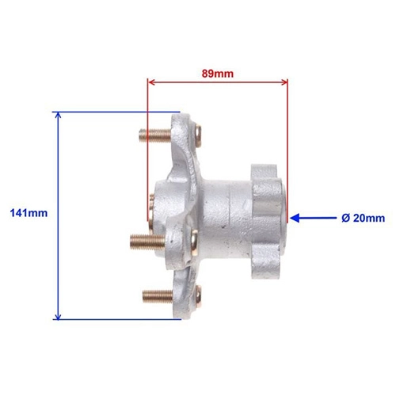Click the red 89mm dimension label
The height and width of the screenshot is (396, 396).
point(218,74)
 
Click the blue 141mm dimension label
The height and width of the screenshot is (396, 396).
point(29,213)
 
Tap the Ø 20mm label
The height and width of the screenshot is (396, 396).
point(363,218)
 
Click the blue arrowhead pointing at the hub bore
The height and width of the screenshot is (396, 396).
point(295,218)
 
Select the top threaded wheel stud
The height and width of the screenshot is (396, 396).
point(155,135)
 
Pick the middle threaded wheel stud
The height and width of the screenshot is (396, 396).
point(147,242)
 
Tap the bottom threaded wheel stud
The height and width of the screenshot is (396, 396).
point(158,295)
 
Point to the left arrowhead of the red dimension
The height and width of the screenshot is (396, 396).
point(151,82)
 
